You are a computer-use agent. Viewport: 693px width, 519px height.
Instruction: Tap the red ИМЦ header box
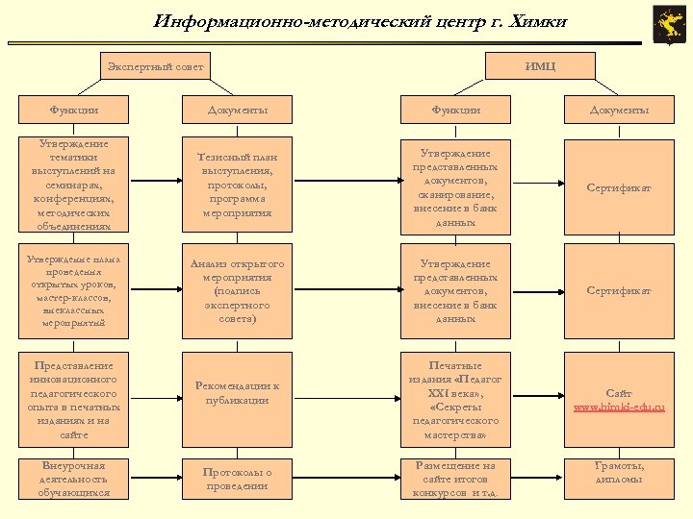540,66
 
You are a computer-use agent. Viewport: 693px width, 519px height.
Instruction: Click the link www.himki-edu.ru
619,408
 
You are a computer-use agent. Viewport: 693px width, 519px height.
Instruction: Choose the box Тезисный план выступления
237,186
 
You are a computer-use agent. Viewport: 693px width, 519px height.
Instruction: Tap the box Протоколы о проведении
237,479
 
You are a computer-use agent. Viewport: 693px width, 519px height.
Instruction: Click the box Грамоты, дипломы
619,473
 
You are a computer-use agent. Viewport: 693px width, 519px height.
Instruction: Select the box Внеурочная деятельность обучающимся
73,479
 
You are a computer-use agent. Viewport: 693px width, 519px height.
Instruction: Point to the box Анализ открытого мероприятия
237,290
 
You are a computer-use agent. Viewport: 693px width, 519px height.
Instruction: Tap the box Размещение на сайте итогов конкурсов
455,479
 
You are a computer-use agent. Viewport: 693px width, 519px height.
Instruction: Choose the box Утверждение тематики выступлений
73,186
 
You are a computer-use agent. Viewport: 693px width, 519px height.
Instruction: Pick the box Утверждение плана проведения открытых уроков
73,290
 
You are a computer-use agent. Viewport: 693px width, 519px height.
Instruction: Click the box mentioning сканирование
455,186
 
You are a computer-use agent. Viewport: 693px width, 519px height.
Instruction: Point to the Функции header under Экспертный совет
73,111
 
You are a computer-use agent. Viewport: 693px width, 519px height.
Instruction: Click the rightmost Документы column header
619,111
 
